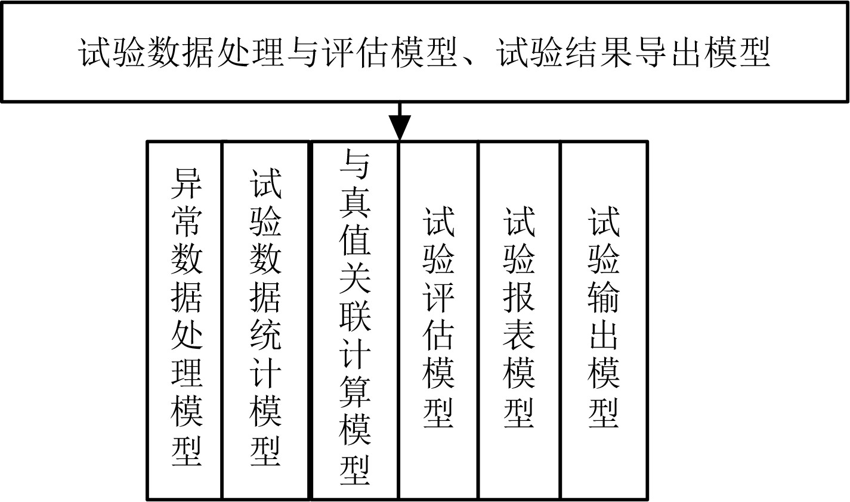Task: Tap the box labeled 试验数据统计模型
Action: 266,320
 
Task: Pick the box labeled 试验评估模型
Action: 438,320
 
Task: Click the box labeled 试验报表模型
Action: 519,320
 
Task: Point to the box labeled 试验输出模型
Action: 604,320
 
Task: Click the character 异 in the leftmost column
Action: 187,183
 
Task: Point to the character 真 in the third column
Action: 355,202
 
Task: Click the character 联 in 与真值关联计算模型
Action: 355,314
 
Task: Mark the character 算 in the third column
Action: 355,392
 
